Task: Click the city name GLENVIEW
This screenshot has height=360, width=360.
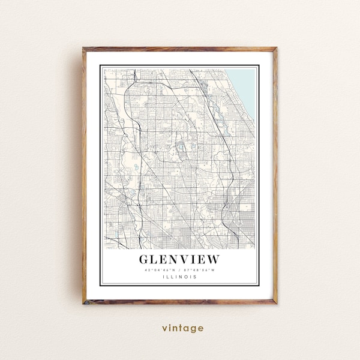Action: [179, 259]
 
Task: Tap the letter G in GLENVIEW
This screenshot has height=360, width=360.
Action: [145, 259]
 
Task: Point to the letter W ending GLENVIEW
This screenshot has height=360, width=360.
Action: [213, 259]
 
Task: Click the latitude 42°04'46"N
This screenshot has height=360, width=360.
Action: [160, 270]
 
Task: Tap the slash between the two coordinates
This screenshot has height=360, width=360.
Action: [179, 270]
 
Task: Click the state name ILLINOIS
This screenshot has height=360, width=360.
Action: [179, 277]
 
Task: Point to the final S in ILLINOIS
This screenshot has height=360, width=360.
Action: [195, 277]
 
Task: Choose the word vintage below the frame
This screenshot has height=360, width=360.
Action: [182, 328]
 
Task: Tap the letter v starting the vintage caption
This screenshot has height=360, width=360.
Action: [163, 328]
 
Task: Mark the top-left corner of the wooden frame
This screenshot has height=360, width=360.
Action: [84, 49]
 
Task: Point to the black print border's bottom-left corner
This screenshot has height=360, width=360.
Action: [101, 286]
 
